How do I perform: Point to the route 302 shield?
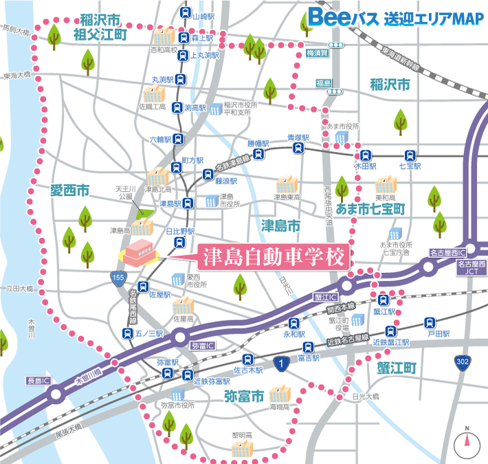463,362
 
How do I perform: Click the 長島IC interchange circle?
56,394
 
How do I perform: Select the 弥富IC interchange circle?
181,337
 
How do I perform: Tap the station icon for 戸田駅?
430,321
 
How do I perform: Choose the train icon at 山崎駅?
185,13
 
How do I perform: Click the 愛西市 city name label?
69,190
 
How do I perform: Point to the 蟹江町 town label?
397,368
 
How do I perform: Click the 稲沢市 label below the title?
390,85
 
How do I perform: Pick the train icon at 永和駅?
293,322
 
